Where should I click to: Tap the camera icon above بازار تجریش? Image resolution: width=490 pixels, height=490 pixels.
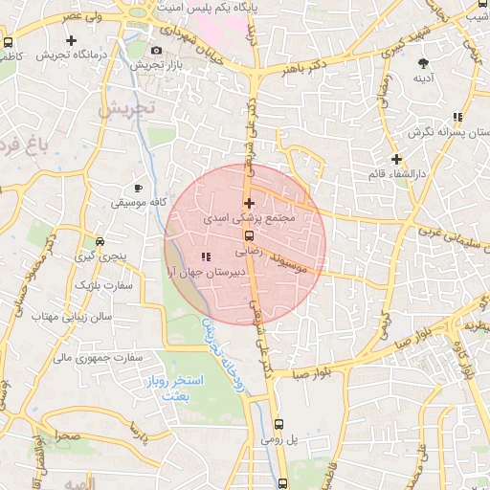[156, 50]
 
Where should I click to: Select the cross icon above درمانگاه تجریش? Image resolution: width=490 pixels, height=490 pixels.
[72, 40]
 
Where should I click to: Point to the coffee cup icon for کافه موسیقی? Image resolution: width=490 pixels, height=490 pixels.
[139, 188]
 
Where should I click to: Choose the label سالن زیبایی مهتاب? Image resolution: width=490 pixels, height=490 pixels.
[72, 315]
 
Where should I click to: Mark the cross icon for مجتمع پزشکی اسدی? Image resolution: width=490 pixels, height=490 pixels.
[249, 203]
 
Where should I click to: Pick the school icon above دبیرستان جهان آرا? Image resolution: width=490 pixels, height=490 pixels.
[207, 256]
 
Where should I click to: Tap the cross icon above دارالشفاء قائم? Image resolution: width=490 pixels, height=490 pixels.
[396, 159]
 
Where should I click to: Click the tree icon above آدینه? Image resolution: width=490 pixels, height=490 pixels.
[423, 63]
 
